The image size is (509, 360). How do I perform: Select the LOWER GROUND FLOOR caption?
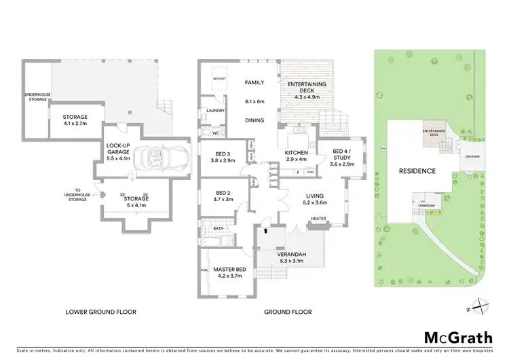100,312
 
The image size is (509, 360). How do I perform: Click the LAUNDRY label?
216,110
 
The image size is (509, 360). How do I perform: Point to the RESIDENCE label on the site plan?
417,171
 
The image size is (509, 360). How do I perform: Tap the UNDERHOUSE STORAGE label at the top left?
36,96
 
